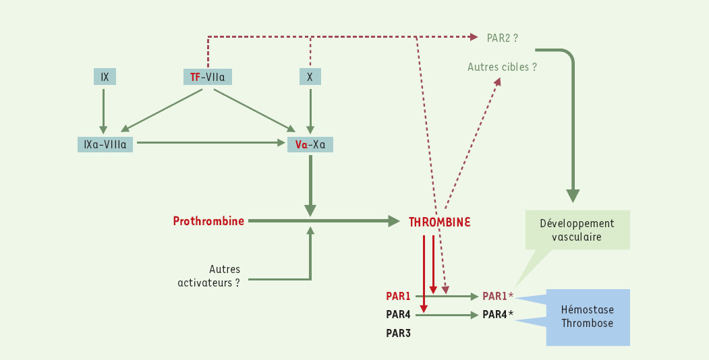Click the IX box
click(105, 77)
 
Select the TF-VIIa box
click(207, 77)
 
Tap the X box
click(310, 77)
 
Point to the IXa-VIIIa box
click(105, 144)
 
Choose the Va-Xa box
click(310, 144)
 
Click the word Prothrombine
click(208, 220)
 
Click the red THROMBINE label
click(440, 221)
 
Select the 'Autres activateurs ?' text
click(209, 276)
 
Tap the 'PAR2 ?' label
click(503, 38)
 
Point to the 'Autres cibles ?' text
click(503, 67)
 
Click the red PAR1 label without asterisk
click(398, 296)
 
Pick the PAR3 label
click(398, 333)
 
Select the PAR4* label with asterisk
click(499, 315)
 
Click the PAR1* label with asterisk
click(499, 296)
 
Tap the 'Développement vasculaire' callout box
click(577, 230)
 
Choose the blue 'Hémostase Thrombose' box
click(588, 317)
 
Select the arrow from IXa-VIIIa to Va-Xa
click(209, 143)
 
